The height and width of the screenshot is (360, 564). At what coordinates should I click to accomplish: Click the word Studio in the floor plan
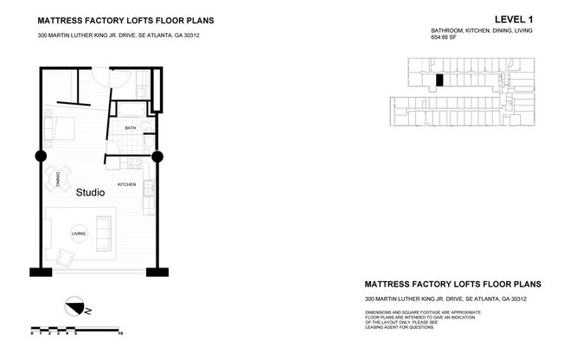[90, 193]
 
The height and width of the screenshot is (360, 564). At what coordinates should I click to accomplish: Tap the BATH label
[130, 128]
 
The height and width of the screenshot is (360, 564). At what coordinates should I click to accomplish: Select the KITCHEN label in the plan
[127, 184]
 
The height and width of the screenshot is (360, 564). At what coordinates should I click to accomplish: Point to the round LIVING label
[79, 234]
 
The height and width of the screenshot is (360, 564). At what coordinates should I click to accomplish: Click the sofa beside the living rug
[104, 229]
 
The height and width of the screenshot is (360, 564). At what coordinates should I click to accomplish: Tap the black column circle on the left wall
[40, 157]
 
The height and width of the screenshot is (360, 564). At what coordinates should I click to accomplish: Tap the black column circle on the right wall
[157, 157]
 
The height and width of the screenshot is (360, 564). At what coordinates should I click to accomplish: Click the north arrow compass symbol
[75, 305]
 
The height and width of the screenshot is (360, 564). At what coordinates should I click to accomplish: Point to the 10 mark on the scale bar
[120, 332]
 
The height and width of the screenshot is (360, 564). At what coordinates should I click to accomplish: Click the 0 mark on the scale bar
[32, 332]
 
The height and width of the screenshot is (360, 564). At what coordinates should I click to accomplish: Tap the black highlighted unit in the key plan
[439, 80]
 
